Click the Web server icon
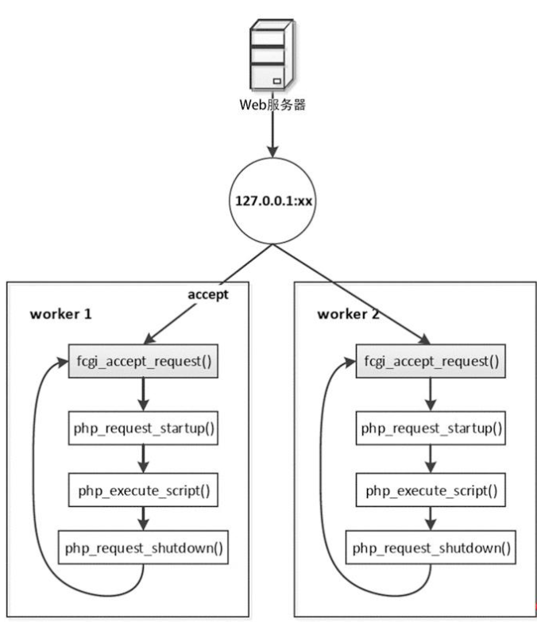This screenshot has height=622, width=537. [272, 56]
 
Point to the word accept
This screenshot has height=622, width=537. [207, 294]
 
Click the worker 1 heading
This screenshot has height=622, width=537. [61, 313]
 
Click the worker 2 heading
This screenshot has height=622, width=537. [348, 313]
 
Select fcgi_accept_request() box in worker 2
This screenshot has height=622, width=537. [431, 362]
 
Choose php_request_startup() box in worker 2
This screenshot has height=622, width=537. [431, 428]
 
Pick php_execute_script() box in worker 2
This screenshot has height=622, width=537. [431, 490]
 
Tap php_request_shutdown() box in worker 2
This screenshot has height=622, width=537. [431, 547]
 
